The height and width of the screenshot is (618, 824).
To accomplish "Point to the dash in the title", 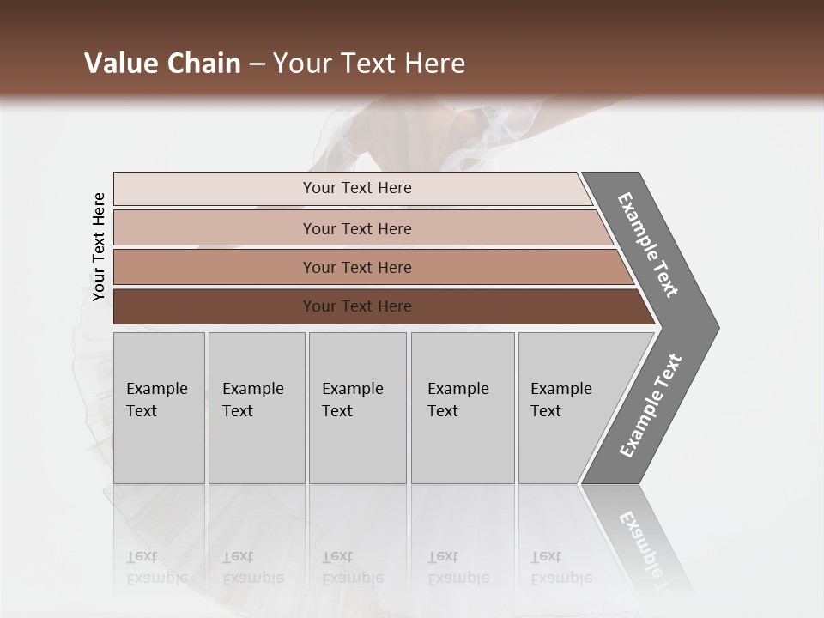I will [257, 64].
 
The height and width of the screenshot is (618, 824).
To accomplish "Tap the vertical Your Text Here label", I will [99, 247].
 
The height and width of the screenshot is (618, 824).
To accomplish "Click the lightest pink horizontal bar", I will [352, 188].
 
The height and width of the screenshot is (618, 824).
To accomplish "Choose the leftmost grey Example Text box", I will [159, 408].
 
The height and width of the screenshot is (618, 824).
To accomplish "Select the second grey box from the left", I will [257, 408].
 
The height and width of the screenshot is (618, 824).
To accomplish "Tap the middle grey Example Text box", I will [357, 408].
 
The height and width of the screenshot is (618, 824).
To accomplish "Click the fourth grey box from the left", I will [463, 408].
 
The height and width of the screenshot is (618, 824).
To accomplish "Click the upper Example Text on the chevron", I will [648, 245].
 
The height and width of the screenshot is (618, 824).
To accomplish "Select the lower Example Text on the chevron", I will [651, 406].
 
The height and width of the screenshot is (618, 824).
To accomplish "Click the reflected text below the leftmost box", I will [156, 567].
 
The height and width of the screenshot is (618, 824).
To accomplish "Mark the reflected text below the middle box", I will [352, 567].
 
